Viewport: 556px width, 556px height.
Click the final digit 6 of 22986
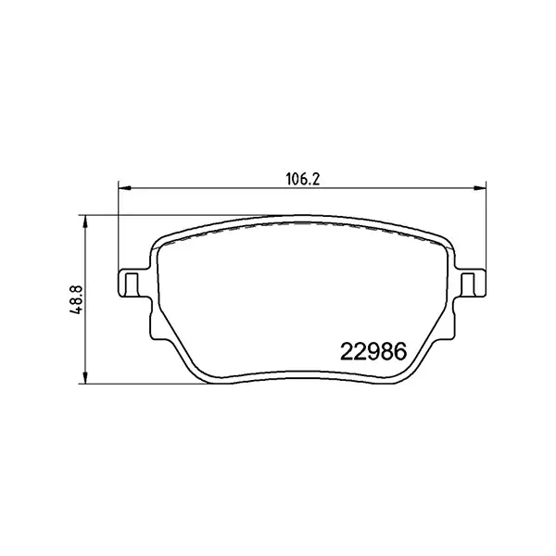(399, 352)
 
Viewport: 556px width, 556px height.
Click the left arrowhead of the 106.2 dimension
(121, 190)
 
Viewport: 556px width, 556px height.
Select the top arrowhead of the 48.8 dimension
(85, 221)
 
